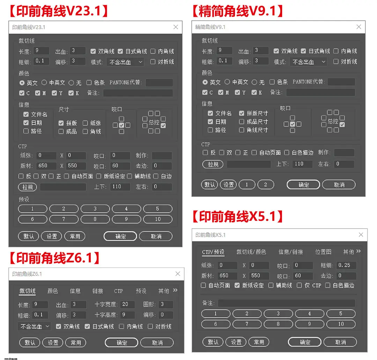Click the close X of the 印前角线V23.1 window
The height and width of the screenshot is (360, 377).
point(176,27)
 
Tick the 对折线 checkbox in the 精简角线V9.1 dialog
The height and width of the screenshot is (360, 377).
point(336,62)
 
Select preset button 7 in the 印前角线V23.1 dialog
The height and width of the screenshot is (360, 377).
point(64,219)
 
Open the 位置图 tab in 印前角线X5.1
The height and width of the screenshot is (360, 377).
point(323,252)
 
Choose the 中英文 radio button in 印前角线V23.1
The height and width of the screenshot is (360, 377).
point(44,82)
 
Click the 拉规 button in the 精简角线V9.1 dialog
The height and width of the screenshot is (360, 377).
point(213,164)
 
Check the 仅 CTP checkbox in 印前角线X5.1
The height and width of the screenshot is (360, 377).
point(299,285)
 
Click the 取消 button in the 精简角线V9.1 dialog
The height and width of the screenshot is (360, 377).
point(339,185)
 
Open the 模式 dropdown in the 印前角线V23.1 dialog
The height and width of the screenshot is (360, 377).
point(126,62)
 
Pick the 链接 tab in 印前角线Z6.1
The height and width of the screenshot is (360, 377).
point(98,291)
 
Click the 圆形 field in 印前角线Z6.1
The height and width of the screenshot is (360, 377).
point(166,304)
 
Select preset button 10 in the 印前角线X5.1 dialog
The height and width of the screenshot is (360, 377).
point(341,324)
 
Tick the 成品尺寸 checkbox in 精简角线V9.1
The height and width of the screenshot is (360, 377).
point(242,122)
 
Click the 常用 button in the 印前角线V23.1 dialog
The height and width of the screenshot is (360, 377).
point(75,236)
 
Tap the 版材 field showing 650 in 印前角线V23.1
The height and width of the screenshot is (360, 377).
point(46,166)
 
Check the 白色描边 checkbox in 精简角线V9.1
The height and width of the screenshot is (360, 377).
point(287,152)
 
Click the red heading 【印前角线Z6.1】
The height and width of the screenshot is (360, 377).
point(54,258)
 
